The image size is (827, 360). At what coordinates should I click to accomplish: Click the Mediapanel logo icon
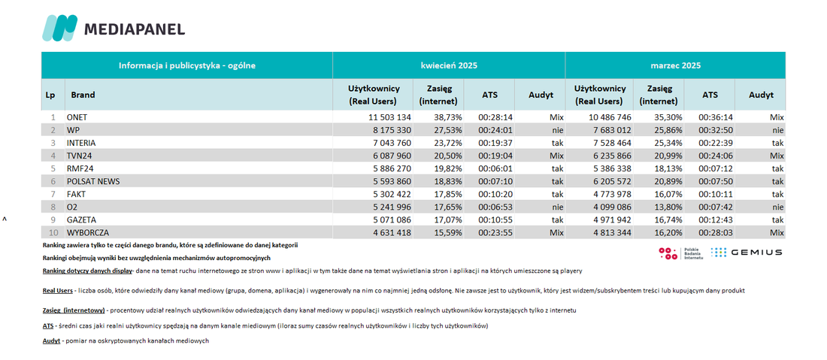[59, 28]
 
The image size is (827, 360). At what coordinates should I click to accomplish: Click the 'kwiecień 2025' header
[448, 66]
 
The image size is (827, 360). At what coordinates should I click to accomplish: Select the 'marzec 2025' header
[675, 66]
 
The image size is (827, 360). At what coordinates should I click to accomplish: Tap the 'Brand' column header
[83, 95]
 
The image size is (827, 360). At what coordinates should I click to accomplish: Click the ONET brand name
[77, 116]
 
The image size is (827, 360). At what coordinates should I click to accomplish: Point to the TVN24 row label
[78, 156]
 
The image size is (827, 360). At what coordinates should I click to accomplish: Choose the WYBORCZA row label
[88, 232]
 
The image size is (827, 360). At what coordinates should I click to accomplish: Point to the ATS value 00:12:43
[716, 219]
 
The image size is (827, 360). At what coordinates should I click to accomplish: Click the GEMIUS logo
[747, 253]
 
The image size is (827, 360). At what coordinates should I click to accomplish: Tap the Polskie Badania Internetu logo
[681, 253]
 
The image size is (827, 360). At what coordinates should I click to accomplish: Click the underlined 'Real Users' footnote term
[57, 290]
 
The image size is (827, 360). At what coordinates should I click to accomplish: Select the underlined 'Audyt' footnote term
[51, 341]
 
